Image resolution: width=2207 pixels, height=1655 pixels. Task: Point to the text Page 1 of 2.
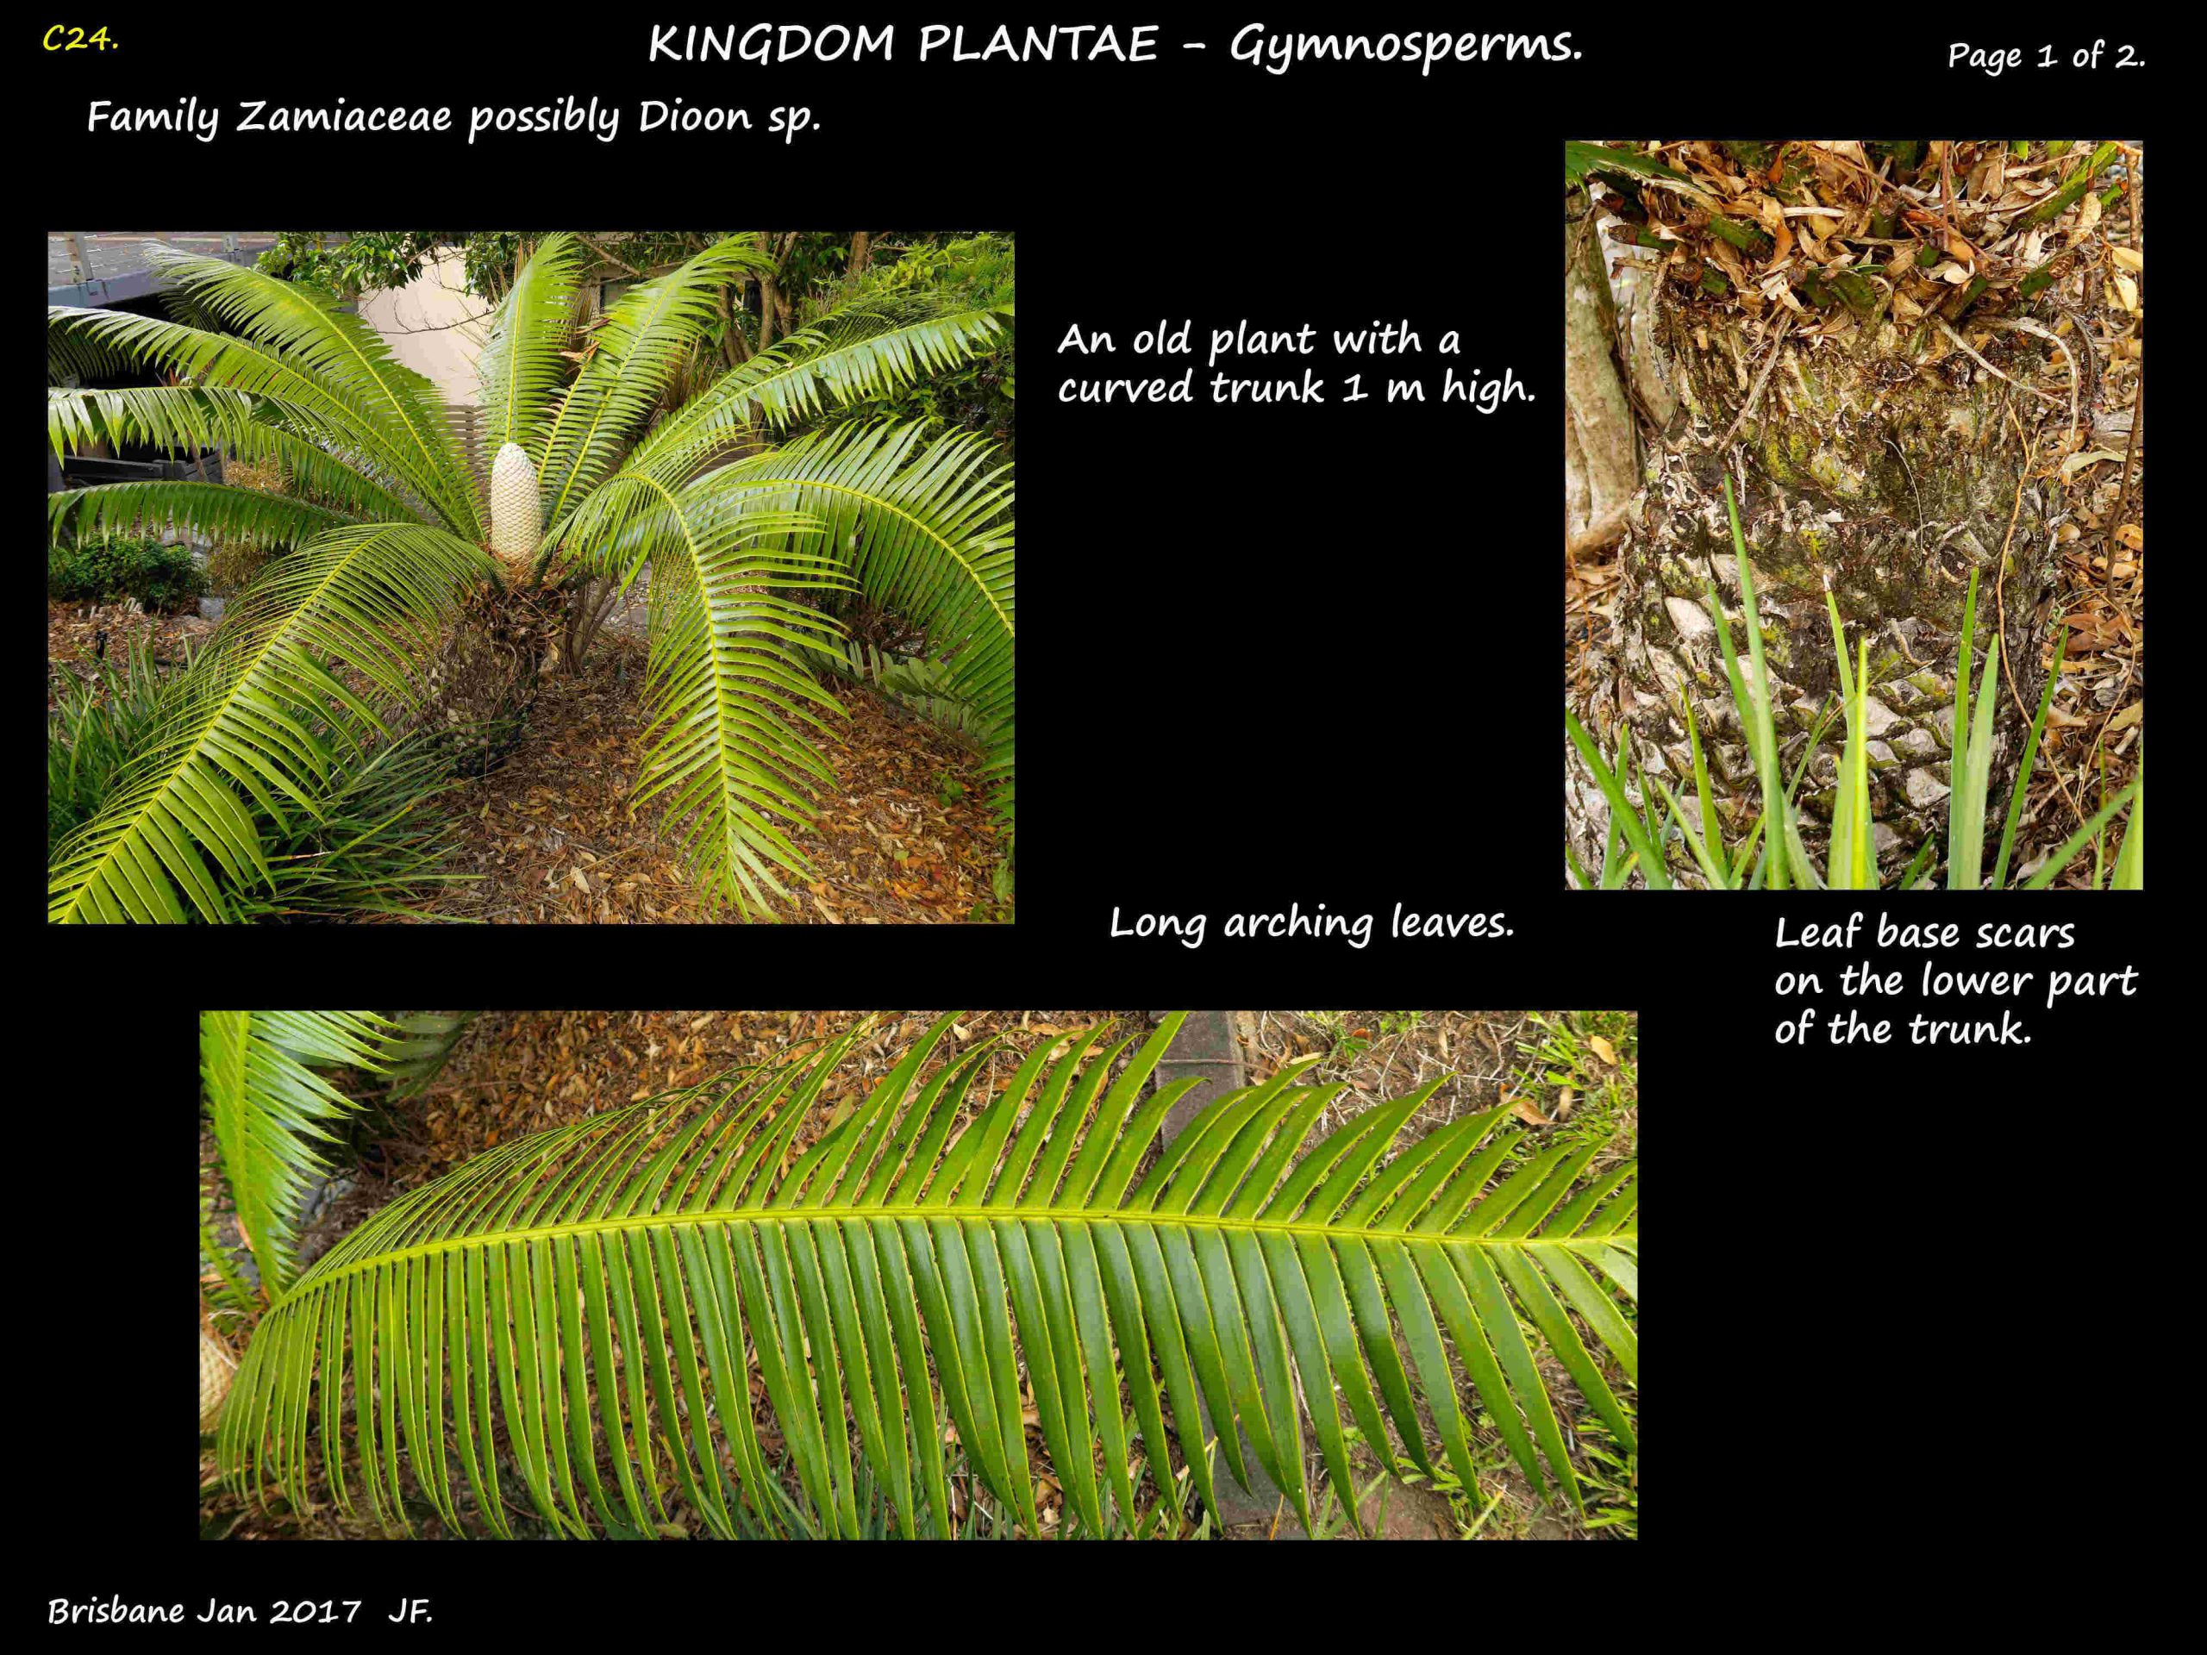tap(2046, 56)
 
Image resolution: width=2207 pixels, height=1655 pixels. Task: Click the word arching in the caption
tap(1298, 925)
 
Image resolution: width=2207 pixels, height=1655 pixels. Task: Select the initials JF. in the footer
tap(410, 1611)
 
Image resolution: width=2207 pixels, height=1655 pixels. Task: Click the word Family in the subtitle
tap(152, 119)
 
